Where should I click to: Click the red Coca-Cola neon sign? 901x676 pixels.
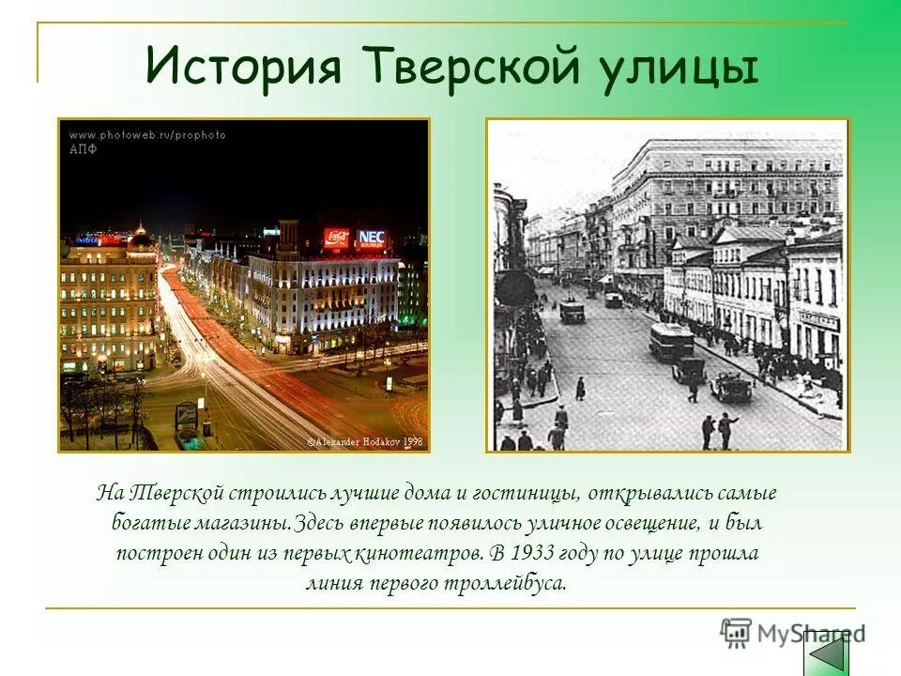(x=336, y=238)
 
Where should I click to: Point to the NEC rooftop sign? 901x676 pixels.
(x=372, y=238)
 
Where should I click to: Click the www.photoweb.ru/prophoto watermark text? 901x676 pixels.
(x=147, y=135)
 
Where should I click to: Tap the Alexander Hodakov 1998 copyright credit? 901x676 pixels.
(x=365, y=439)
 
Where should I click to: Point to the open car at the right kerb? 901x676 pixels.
(x=729, y=386)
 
